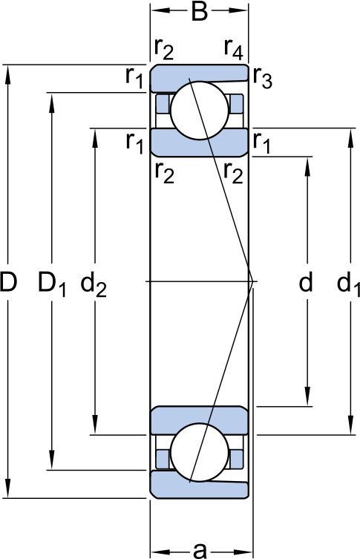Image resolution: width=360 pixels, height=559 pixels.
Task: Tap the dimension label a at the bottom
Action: [200, 549]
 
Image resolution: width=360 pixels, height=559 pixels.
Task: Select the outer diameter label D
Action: [8, 281]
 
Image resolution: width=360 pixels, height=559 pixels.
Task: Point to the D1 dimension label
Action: [52, 284]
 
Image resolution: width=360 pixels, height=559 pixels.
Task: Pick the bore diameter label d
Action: [306, 281]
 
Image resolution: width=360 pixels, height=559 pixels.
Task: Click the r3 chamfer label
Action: [263, 78]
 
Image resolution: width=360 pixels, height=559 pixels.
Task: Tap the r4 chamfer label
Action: [234, 49]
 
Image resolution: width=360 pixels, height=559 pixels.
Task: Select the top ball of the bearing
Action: [199, 111]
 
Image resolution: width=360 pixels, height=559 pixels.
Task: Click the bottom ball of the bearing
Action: [199, 452]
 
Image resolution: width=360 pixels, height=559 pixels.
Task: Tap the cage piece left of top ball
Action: [163, 104]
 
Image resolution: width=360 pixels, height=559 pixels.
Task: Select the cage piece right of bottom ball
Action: [235, 460]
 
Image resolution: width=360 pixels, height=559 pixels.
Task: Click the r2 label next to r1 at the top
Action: [164, 49]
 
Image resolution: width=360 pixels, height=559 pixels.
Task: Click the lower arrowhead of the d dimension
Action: [308, 396]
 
